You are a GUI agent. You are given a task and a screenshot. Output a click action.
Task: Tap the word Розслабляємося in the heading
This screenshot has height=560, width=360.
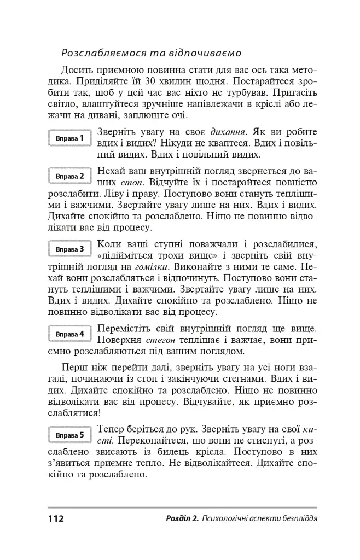coord(102,54)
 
